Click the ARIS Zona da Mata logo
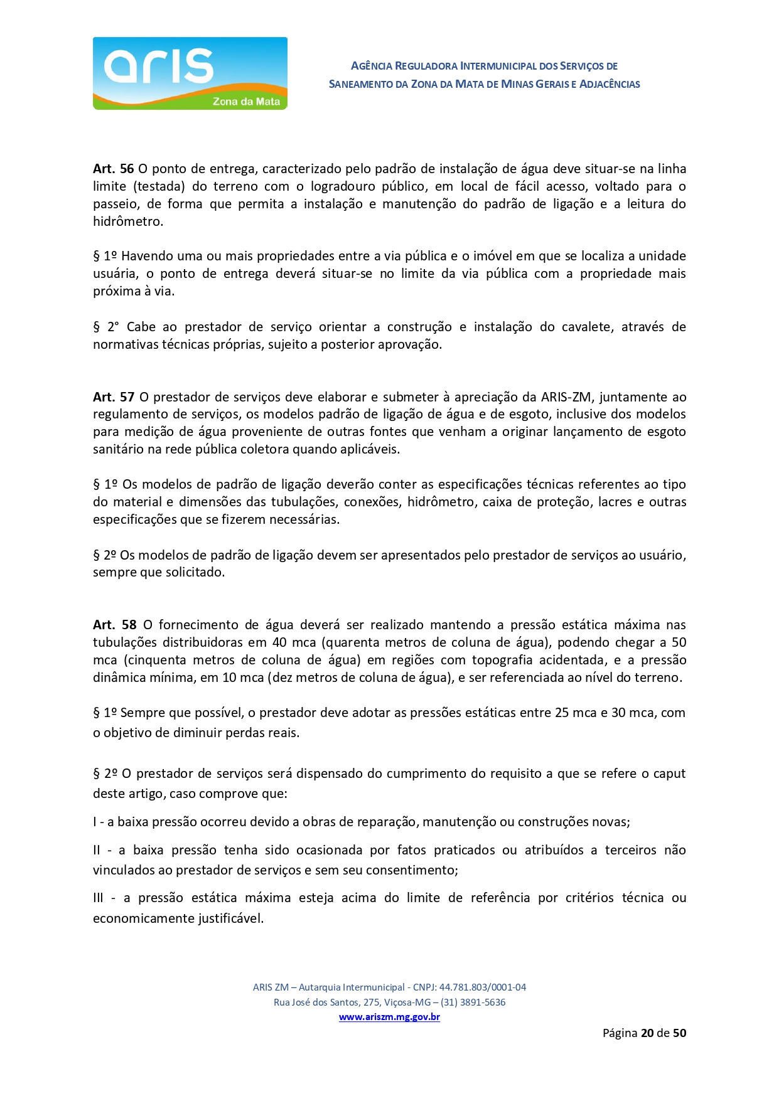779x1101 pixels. click(190, 73)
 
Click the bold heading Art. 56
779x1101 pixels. click(113, 169)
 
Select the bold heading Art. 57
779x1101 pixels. click(114, 397)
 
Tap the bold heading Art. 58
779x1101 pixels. click(114, 625)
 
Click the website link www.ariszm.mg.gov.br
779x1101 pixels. click(389, 1017)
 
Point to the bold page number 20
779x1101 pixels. click(647, 1033)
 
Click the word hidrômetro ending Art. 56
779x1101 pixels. click(127, 221)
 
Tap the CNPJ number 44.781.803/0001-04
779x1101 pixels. click(482, 987)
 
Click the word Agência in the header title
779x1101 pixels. click(372, 66)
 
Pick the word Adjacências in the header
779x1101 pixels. click(610, 84)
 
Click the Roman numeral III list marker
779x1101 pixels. click(98, 898)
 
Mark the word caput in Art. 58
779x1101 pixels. click(669, 774)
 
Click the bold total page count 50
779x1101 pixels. click(679, 1033)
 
